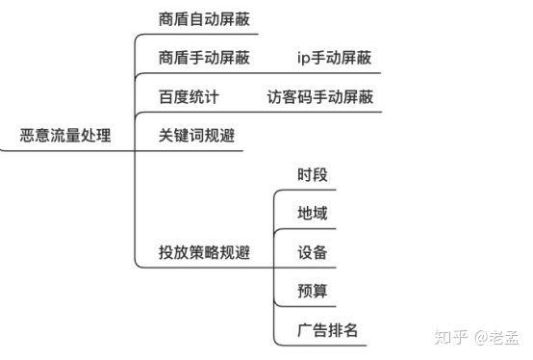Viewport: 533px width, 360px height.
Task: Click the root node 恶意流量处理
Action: (65, 136)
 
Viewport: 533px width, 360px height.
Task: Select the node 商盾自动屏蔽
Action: (204, 18)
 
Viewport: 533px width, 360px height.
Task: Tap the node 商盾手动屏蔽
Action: (204, 58)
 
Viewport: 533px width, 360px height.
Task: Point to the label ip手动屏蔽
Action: (334, 58)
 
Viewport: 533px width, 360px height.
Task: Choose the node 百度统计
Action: (190, 97)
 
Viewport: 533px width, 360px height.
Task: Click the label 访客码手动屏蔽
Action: (319, 97)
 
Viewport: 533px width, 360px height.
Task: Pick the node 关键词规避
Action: (196, 136)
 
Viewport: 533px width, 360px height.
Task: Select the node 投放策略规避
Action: (204, 253)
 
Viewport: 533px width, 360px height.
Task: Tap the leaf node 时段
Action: (314, 174)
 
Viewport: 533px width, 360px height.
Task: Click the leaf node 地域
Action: (314, 214)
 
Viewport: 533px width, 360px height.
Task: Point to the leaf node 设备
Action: (314, 253)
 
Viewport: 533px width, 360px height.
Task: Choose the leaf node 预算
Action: (314, 292)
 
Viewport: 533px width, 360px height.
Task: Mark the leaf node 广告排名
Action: (327, 331)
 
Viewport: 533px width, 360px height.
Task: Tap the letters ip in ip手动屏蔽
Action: (303, 58)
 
